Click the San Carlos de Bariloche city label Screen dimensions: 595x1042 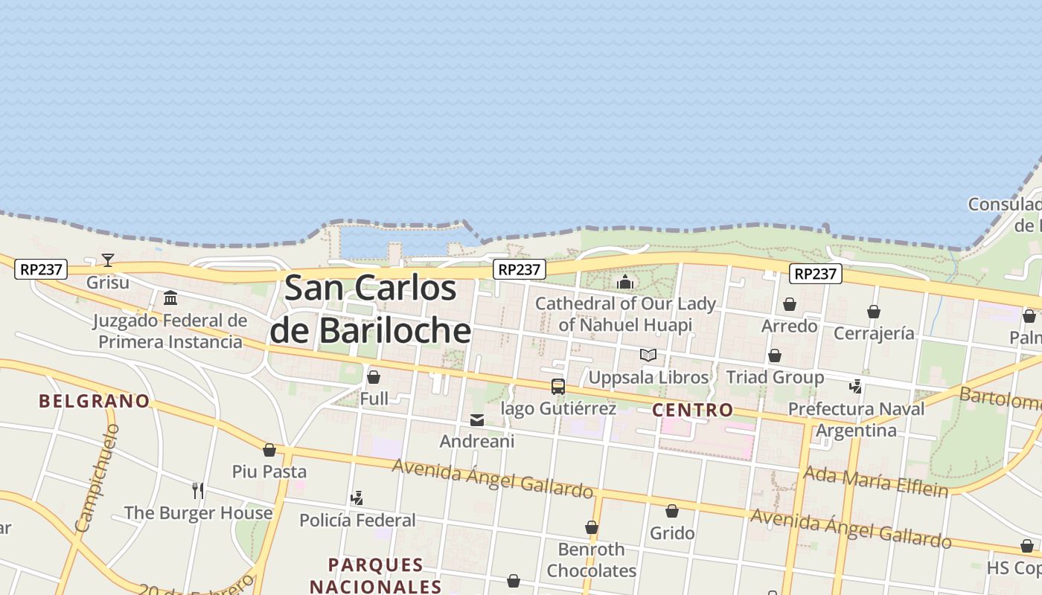(x=371, y=309)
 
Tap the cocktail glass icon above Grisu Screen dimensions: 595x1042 (x=108, y=260)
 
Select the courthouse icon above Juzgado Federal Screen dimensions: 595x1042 (x=170, y=298)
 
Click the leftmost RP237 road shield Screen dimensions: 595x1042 (x=41, y=269)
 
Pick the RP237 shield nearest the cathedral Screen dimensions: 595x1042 (x=520, y=269)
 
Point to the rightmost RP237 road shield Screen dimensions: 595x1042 (x=816, y=274)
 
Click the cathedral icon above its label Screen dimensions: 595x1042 (x=625, y=282)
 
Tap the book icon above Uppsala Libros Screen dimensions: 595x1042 (x=648, y=356)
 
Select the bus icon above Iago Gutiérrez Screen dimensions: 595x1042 (x=558, y=387)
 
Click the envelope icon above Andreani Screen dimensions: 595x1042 (x=477, y=420)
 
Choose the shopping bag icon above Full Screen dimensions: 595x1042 (x=374, y=377)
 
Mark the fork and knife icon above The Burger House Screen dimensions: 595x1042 (x=198, y=491)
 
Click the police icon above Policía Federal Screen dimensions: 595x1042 (x=357, y=498)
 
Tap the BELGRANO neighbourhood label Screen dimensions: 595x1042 (x=95, y=402)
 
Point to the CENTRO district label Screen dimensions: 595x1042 (x=693, y=410)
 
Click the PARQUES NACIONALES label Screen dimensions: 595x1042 (x=376, y=576)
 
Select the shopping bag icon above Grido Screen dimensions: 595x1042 (x=672, y=511)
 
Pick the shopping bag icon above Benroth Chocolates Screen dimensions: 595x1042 (x=592, y=528)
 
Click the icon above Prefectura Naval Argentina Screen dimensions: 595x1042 (x=857, y=387)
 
